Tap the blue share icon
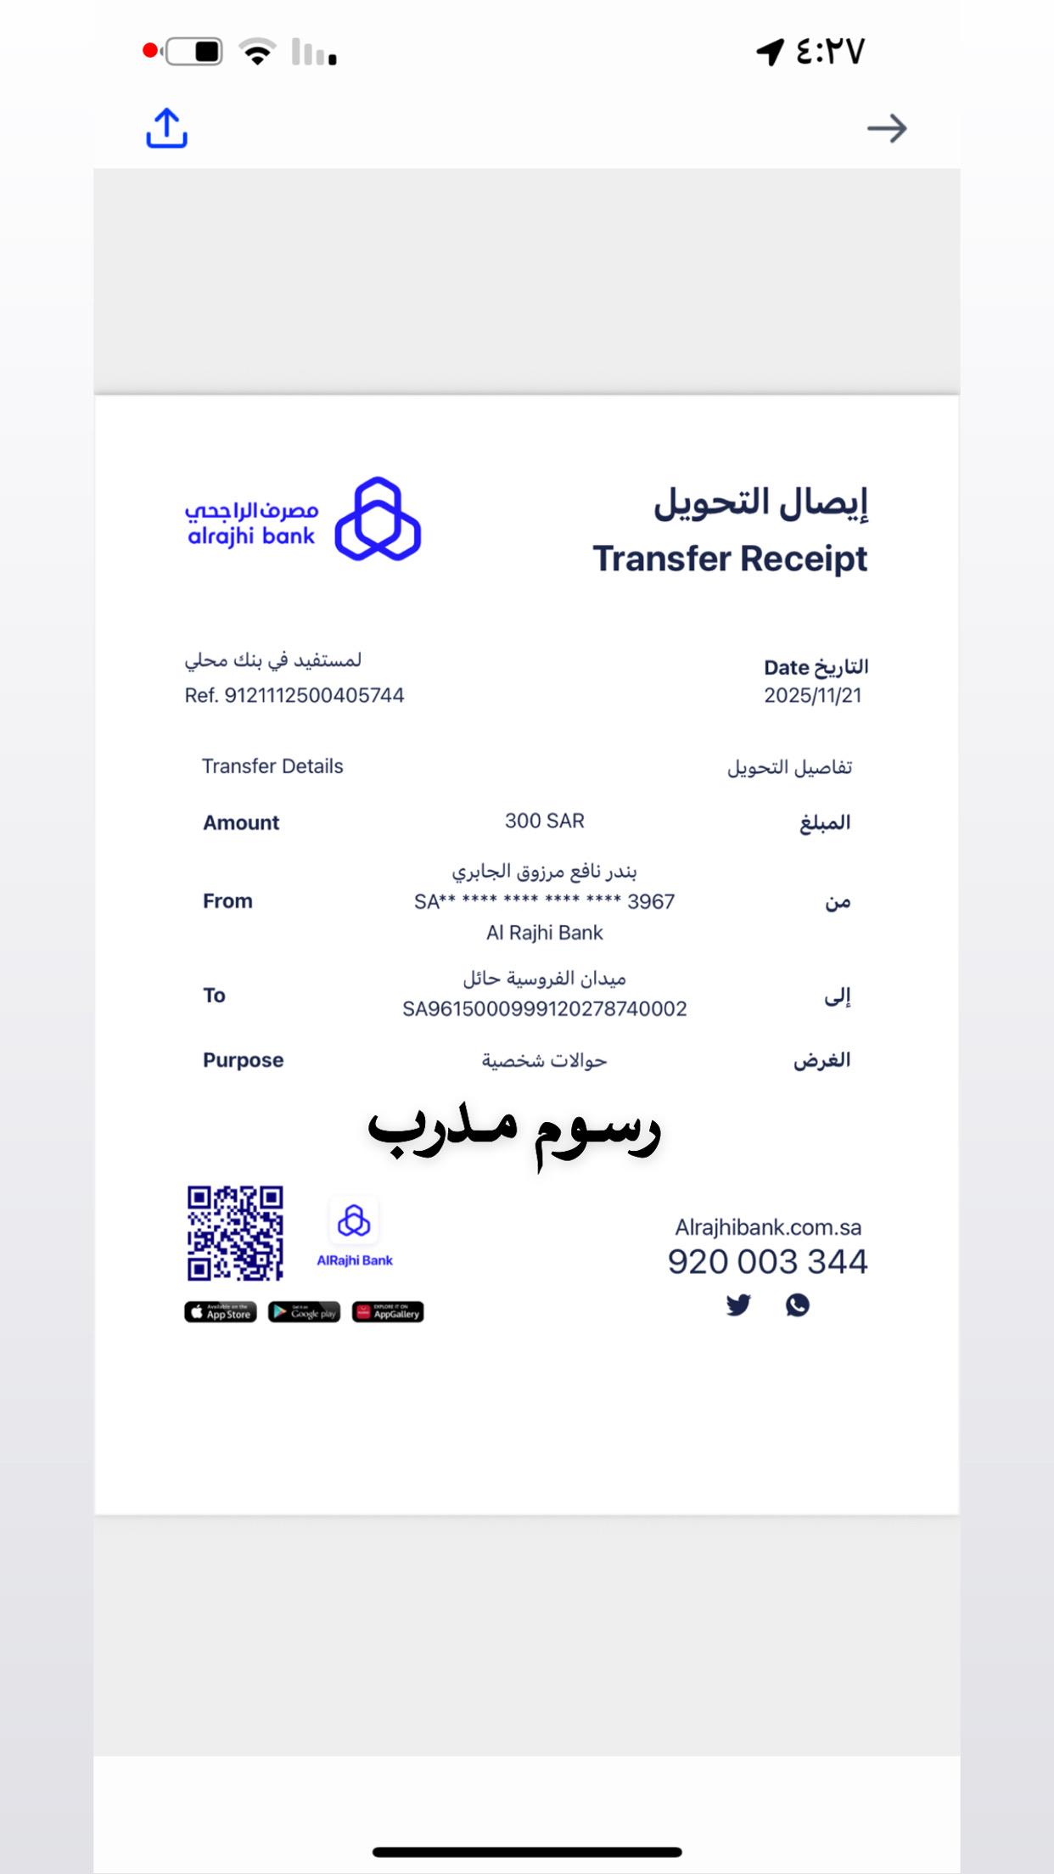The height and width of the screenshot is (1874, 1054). (x=166, y=128)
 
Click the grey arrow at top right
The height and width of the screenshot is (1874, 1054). (x=887, y=128)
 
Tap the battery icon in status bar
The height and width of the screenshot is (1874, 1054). (x=194, y=52)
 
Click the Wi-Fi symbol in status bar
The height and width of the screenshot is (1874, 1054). (x=257, y=52)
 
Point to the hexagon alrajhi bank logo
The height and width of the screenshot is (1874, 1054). (x=378, y=519)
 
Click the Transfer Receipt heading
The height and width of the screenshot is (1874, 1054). (x=730, y=558)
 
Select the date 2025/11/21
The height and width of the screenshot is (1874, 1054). (x=812, y=695)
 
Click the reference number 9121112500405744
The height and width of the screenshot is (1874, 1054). (x=314, y=695)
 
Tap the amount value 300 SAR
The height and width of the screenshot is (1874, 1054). (x=544, y=821)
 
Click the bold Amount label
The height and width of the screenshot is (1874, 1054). (x=241, y=822)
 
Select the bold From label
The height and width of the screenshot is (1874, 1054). (x=227, y=901)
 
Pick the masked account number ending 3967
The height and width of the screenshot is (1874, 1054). (x=544, y=901)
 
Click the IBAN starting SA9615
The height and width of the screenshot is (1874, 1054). (x=544, y=1008)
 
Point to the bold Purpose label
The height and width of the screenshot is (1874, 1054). (x=243, y=1060)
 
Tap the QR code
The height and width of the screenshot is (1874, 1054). (x=235, y=1232)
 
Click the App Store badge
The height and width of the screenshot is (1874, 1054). (x=221, y=1312)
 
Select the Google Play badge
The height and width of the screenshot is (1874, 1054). (x=304, y=1312)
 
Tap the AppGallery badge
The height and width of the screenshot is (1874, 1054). (x=388, y=1312)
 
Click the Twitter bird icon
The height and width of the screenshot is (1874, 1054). (x=738, y=1305)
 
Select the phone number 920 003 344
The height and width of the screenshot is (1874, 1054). (x=767, y=1261)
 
